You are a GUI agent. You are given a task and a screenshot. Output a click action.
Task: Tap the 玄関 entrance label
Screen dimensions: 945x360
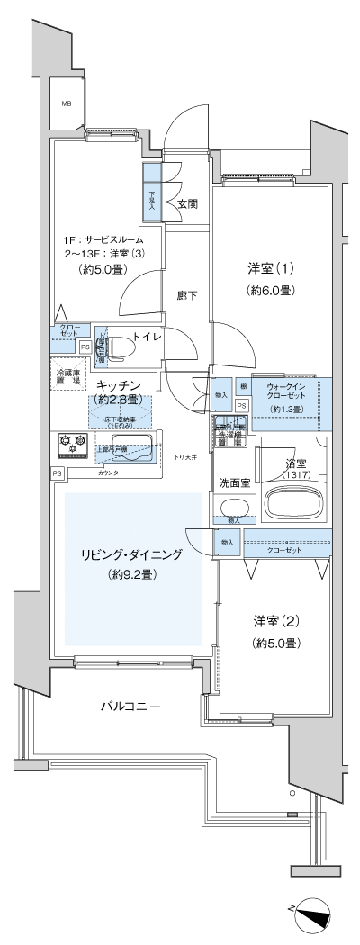[x=187, y=204]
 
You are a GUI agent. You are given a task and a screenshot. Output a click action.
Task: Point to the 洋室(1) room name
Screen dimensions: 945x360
[x=271, y=269]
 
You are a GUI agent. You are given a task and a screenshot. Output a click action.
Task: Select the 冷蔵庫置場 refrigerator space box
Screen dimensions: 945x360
[x=67, y=379]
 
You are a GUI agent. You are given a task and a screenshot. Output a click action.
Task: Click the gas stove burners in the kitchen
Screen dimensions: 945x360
[x=71, y=442]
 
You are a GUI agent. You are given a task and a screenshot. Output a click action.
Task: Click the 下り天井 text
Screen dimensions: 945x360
[x=185, y=457]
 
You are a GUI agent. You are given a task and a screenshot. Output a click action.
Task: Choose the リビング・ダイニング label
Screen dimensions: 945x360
[x=130, y=555]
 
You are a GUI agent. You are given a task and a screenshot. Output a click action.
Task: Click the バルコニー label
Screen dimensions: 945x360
[x=130, y=706]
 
